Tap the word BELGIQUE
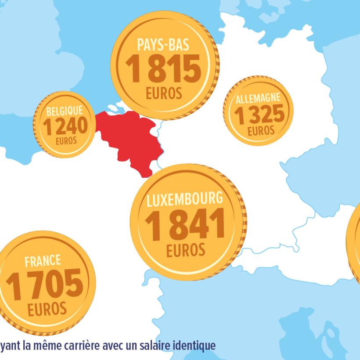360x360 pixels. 64,111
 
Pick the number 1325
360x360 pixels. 259,115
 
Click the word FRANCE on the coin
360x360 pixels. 43,261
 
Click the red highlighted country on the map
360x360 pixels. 127,138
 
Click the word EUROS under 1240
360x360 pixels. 66,141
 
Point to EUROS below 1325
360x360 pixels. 261,130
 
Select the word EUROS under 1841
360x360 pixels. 186,250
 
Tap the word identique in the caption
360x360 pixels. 194,346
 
